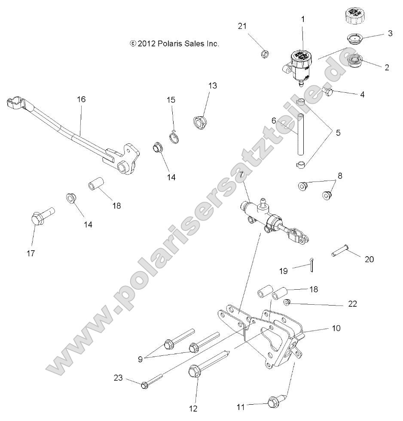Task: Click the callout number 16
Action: point(81,99)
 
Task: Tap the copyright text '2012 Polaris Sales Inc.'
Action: point(174,43)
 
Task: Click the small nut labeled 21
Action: point(265,54)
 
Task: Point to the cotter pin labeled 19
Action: point(312,266)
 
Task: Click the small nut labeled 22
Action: point(287,302)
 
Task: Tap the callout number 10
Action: point(336,328)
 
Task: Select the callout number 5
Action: point(338,133)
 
